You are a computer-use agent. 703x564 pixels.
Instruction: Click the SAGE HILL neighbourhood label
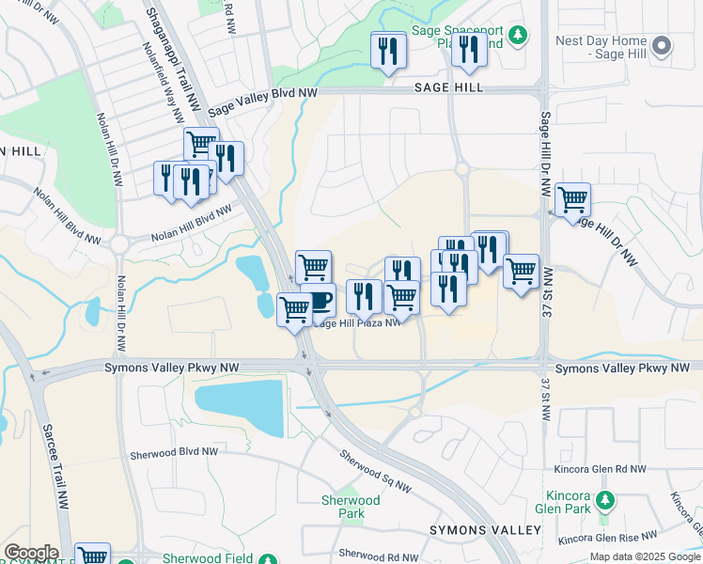448,87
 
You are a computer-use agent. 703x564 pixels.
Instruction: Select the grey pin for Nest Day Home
661,45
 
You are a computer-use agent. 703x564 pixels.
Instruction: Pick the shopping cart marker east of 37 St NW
572,199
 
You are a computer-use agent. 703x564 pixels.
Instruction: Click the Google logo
30,553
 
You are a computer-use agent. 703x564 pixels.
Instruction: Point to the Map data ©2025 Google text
645,556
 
